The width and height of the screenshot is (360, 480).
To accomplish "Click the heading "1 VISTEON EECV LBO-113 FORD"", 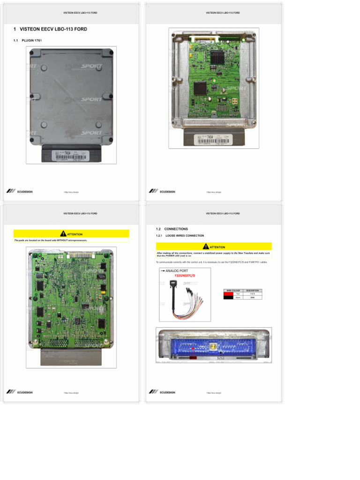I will point(51,29).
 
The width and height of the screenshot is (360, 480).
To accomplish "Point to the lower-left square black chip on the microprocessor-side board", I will point(199,87).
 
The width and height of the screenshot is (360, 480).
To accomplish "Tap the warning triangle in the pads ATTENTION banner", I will point(63,234).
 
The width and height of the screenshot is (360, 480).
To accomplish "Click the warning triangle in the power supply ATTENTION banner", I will point(206,247).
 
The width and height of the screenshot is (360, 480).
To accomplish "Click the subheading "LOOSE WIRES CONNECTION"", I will point(185,236).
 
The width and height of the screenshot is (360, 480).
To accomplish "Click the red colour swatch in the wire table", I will point(228,294).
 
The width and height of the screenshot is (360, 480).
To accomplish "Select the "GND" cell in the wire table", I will point(252,297).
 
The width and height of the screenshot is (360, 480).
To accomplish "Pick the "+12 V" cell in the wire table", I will point(252,294).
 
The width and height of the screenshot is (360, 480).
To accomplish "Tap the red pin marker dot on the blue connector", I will point(193,349).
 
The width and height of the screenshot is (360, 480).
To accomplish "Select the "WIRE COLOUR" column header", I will point(233,291).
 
